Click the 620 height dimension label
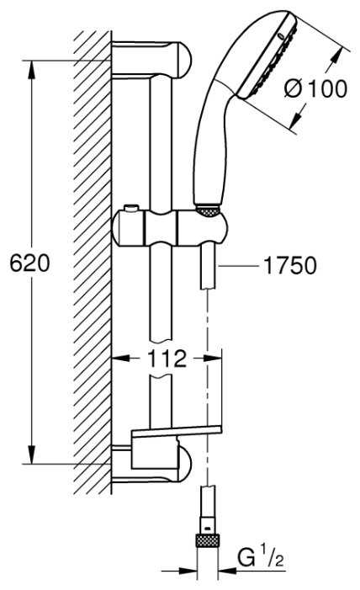tap(29, 263)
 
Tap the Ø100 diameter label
tap(316, 89)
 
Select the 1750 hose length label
tap(289, 266)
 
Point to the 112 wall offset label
tap(167, 359)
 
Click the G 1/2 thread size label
tap(260, 558)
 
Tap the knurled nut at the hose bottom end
tap(208, 540)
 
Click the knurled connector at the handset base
tap(207, 211)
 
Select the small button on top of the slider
tap(131, 208)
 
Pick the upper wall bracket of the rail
tap(151, 60)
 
